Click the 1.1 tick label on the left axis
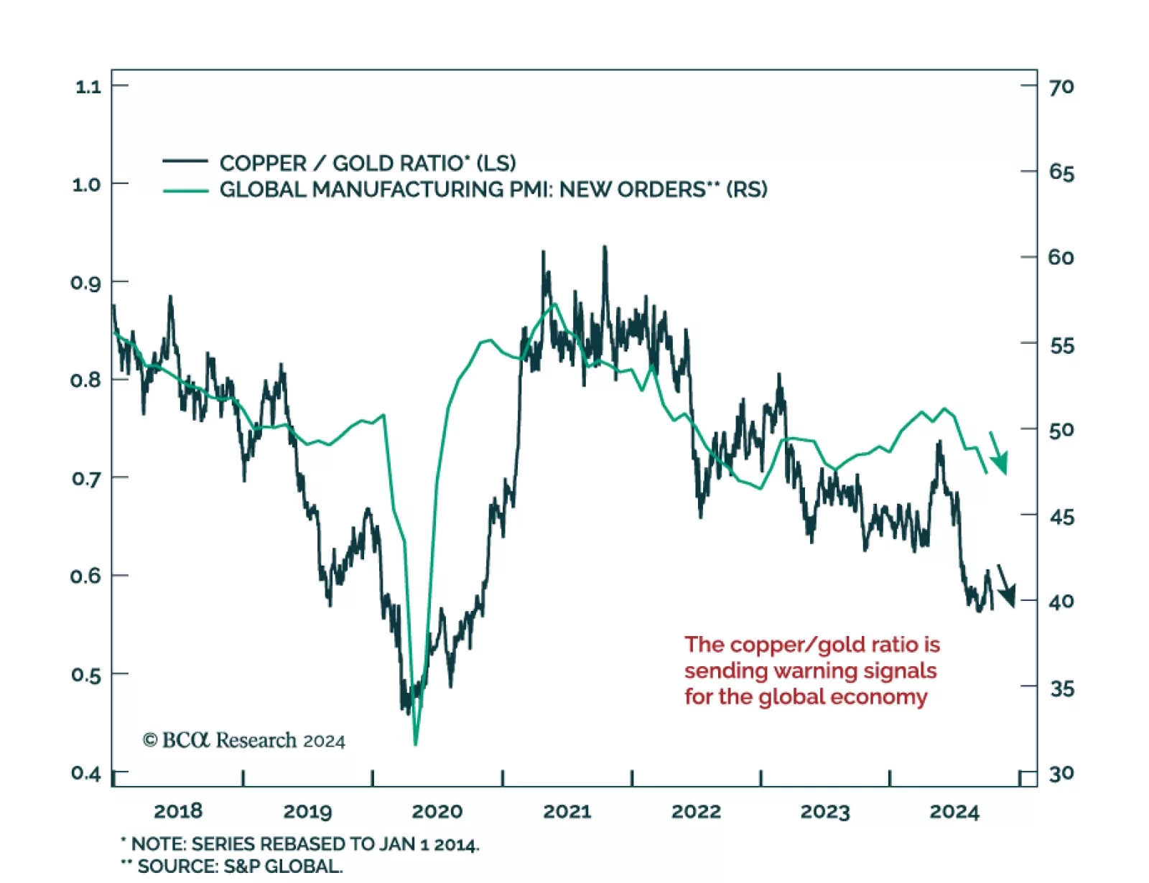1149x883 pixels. (x=88, y=87)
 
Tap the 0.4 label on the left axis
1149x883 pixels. (x=85, y=773)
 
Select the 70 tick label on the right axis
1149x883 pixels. (x=1061, y=87)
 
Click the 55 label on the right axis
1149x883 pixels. (x=1061, y=346)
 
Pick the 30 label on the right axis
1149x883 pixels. (x=1061, y=774)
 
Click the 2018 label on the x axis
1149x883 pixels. (x=178, y=811)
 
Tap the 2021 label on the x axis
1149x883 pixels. (x=567, y=811)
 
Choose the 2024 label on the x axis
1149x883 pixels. (x=954, y=812)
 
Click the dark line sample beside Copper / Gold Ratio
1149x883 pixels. (x=185, y=162)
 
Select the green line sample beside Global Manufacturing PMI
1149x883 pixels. (x=185, y=190)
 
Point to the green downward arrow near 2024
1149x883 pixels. (x=998, y=454)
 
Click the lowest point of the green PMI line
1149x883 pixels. (x=416, y=744)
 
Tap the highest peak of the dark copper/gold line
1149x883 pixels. (x=605, y=248)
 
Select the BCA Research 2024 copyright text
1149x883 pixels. (x=244, y=740)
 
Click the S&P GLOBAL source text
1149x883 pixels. (x=283, y=866)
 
